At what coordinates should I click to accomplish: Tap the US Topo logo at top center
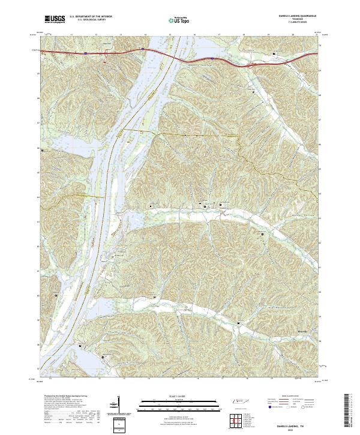click(x=179, y=20)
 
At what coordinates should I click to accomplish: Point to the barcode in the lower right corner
click(x=349, y=410)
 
